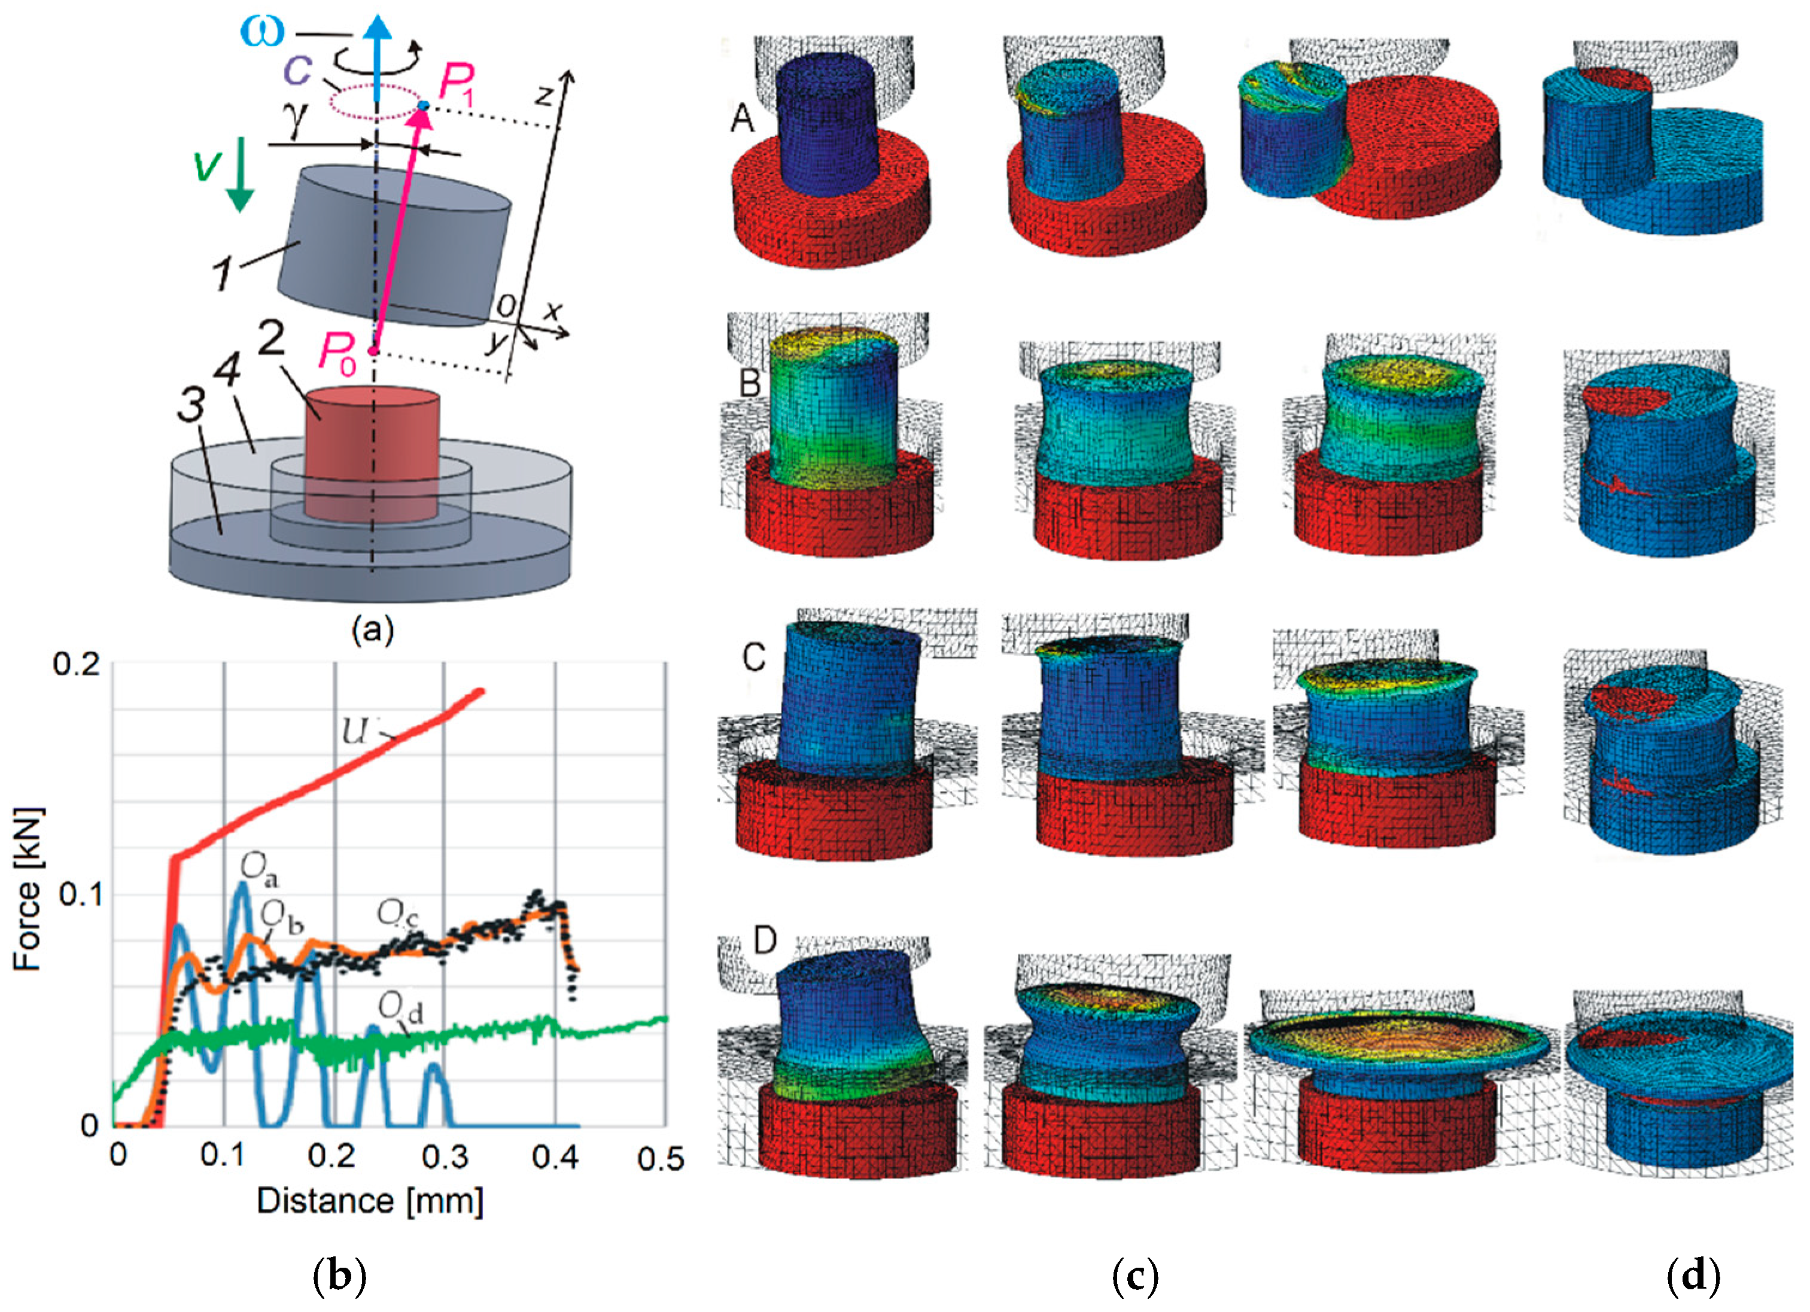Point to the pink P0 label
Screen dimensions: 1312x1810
coord(335,351)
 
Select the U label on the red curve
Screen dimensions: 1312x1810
coord(354,731)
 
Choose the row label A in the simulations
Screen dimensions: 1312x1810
coord(742,119)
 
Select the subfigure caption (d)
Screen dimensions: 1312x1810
coord(1693,1276)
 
